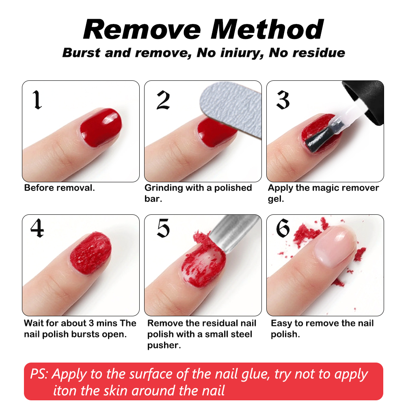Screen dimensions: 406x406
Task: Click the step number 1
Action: pyautogui.click(x=37, y=100)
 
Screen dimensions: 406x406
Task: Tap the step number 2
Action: pyautogui.click(x=163, y=100)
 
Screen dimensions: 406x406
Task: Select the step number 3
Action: pyautogui.click(x=283, y=100)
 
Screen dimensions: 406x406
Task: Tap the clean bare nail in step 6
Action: pyautogui.click(x=335, y=246)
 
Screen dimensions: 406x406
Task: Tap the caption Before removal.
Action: pyautogui.click(x=59, y=188)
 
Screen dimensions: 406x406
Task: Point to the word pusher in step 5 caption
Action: pyautogui.click(x=163, y=345)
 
